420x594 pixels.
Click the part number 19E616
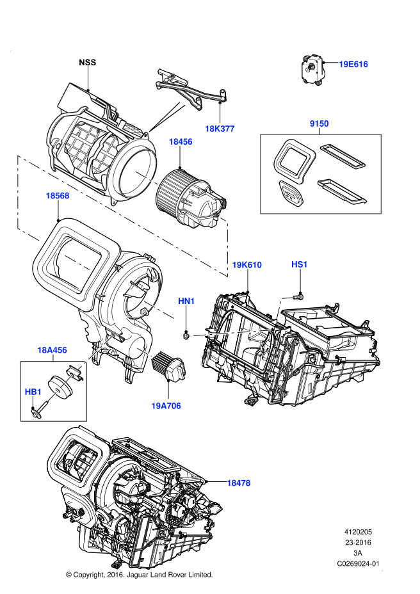[x=353, y=64]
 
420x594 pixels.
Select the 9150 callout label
[x=319, y=124]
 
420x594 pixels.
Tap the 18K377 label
[x=220, y=129]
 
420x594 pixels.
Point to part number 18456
[x=181, y=142]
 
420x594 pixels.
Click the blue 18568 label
[x=58, y=196]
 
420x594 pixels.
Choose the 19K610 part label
[x=246, y=265]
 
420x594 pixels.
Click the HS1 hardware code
[x=300, y=264]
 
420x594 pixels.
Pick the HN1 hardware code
[x=186, y=301]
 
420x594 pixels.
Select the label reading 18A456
[x=52, y=350]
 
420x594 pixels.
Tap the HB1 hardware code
[x=33, y=392]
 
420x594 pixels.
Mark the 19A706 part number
[x=166, y=406]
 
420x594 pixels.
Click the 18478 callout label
[x=238, y=483]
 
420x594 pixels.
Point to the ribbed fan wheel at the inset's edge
[x=163, y=191]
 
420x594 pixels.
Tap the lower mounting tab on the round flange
[x=113, y=202]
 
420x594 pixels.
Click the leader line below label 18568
[x=58, y=205]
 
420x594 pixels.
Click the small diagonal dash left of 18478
[x=207, y=497]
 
